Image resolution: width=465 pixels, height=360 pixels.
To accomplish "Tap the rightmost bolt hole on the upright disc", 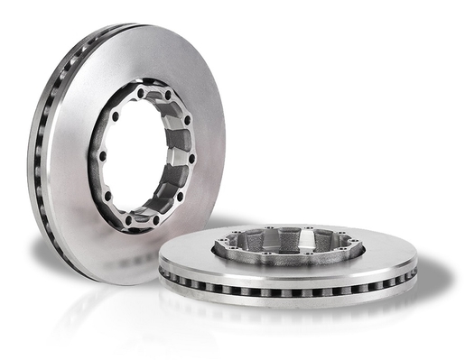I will point(192,159).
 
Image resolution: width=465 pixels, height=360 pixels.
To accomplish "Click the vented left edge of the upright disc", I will point(38,162).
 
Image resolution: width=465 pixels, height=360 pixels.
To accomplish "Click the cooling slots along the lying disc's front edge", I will point(298,289).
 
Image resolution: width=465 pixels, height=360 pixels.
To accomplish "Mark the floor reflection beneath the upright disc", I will point(99,307).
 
